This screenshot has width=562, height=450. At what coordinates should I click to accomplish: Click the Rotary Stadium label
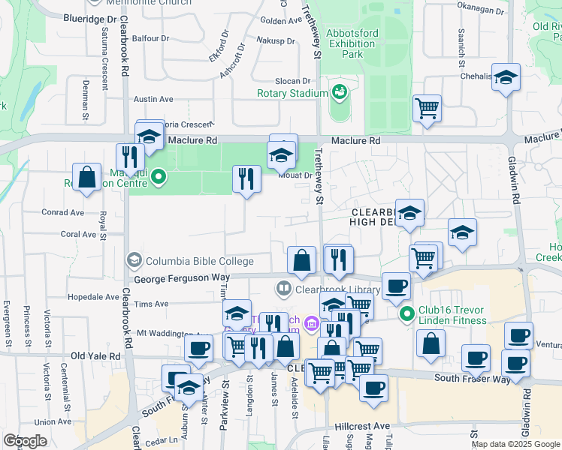(292, 93)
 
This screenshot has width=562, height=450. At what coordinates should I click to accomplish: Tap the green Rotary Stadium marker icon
(340, 91)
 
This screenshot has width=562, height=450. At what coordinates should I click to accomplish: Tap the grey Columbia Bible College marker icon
(134, 259)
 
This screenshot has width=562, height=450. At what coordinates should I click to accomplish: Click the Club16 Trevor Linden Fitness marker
(407, 313)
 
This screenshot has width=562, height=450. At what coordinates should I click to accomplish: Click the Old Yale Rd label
(95, 355)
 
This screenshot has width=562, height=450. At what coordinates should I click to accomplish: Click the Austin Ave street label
(153, 98)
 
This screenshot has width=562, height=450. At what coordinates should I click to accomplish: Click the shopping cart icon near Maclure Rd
(427, 107)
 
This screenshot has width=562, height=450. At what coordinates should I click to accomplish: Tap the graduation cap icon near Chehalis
(506, 77)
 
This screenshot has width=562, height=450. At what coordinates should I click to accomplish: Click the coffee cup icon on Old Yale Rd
(199, 348)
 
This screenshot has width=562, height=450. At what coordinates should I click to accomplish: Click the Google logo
(25, 441)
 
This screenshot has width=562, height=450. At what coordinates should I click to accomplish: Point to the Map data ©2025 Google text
(515, 444)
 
